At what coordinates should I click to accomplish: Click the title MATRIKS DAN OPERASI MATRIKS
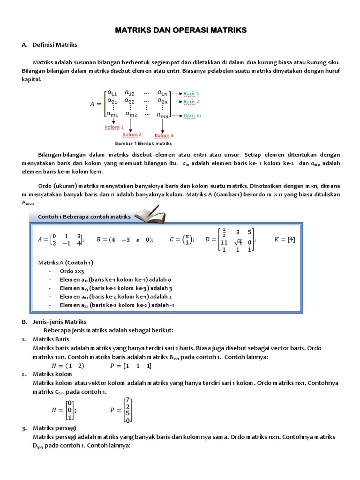point(180,30)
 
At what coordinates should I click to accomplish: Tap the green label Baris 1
point(191,93)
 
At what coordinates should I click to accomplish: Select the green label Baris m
point(192,115)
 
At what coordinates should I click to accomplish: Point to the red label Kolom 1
point(113,127)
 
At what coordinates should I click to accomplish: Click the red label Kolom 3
point(162,135)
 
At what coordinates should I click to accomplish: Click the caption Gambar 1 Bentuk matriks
point(143,143)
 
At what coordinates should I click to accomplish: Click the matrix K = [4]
point(284,240)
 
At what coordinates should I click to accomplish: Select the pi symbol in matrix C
point(188,235)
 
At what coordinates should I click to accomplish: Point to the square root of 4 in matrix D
point(238,242)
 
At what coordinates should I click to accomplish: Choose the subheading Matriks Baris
point(51,339)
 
